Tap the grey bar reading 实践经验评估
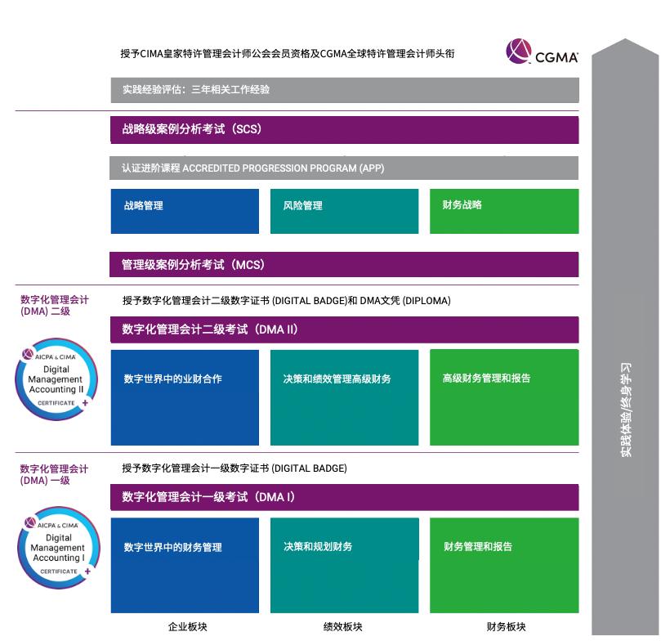[x=344, y=90]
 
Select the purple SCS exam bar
[x=344, y=129]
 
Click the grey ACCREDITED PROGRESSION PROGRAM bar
[x=344, y=168]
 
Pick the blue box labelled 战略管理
[x=185, y=211]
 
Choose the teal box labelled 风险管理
[x=344, y=211]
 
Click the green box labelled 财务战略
[x=504, y=211]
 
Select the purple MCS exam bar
[x=344, y=265]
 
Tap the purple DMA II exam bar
[x=344, y=329]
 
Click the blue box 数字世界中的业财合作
[x=185, y=397]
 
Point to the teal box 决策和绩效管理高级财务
[x=344, y=397]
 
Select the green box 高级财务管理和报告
[x=504, y=397]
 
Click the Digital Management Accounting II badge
[x=56, y=382]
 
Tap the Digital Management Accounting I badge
[x=58, y=549]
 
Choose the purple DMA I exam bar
[x=344, y=497]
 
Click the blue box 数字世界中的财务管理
[x=185, y=564]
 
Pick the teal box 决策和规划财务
[x=344, y=564]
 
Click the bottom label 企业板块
[x=188, y=627]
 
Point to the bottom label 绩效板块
[x=343, y=627]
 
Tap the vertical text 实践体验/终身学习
[x=626, y=409]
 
